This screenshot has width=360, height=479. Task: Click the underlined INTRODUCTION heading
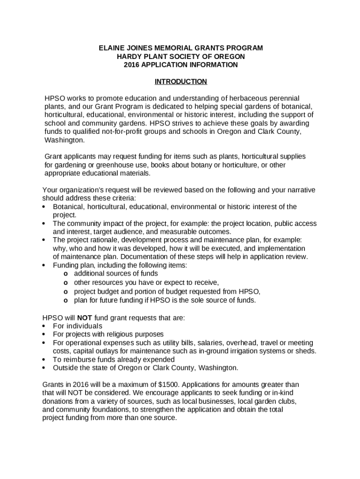[180, 81]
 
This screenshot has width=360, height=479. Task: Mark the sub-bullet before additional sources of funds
[66, 274]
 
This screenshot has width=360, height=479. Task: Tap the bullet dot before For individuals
[44, 326]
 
